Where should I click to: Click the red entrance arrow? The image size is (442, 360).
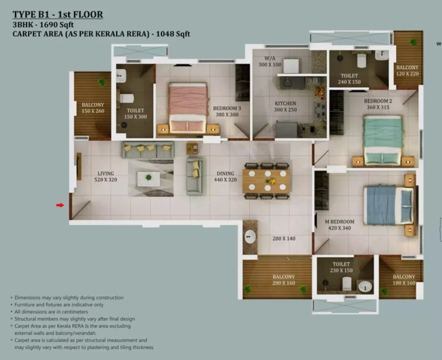(60, 205)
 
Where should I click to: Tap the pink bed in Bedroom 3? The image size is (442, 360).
(188, 108)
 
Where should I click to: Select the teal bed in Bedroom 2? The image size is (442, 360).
(383, 140)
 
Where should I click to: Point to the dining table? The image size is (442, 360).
(266, 181)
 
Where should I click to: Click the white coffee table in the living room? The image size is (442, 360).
(149, 179)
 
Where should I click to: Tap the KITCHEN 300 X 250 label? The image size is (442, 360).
(285, 106)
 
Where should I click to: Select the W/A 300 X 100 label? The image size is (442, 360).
(270, 61)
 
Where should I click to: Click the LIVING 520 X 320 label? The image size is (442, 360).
(106, 177)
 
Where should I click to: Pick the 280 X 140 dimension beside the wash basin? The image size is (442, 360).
(284, 239)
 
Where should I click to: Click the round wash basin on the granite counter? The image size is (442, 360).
(250, 237)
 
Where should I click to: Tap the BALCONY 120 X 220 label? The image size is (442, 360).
(407, 71)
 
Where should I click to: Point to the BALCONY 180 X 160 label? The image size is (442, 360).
(404, 280)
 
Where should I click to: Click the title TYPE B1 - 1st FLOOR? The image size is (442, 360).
(58, 15)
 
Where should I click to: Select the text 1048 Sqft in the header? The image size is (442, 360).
(173, 34)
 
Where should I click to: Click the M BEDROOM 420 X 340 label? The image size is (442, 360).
(339, 225)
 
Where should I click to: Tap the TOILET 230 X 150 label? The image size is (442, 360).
(341, 267)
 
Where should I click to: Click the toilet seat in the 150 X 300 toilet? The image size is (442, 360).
(126, 98)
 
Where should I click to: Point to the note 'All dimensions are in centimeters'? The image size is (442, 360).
(51, 312)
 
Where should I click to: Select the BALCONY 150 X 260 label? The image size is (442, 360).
(93, 108)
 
